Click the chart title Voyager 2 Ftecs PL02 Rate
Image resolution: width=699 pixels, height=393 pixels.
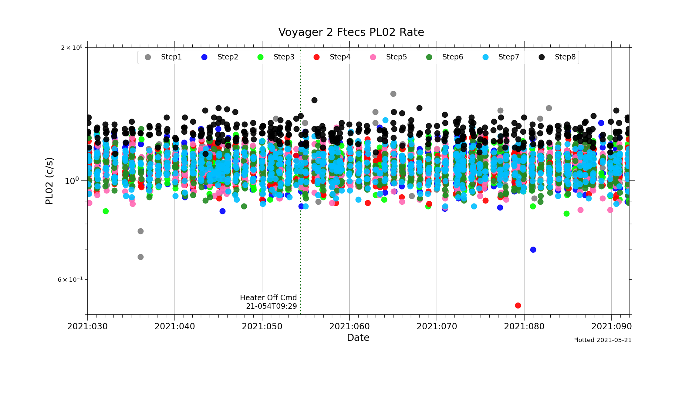[351, 32]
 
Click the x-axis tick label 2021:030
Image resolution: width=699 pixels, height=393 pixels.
[87, 327]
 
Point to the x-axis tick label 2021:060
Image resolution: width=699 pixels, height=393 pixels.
[349, 327]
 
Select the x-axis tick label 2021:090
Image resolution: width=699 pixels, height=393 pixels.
[611, 327]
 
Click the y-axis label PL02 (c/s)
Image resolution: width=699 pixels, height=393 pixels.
[49, 181]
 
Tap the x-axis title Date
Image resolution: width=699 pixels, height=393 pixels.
[358, 338]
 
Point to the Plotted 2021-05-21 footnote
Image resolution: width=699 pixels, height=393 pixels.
[602, 340]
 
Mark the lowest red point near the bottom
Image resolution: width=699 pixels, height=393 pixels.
[518, 305]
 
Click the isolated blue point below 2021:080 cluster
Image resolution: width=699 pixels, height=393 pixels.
[533, 250]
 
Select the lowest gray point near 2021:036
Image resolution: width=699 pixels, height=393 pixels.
[140, 257]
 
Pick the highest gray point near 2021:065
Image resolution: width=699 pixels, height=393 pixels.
[393, 94]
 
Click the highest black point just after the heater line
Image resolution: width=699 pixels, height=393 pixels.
[314, 100]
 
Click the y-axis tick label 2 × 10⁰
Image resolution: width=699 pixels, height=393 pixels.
[72, 48]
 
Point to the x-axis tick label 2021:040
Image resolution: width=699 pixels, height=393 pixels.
[175, 327]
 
